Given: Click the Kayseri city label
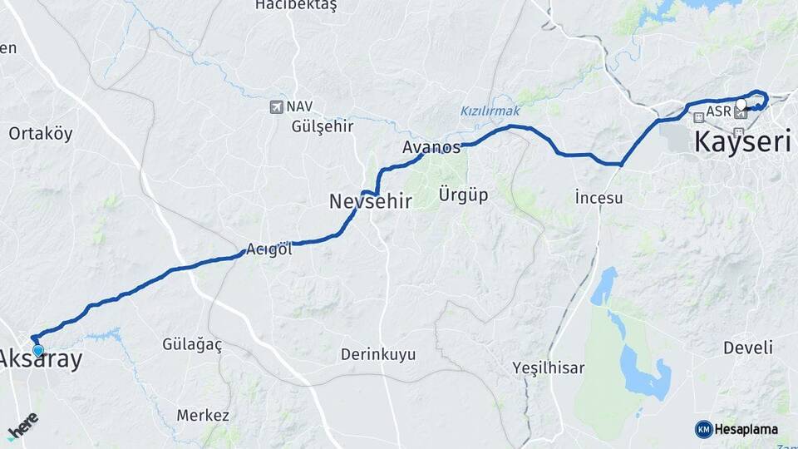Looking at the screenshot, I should click(742, 141).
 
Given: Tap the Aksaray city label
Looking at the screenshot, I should click(42, 359).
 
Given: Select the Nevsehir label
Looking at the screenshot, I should click(371, 200).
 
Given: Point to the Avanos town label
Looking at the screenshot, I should click(431, 148).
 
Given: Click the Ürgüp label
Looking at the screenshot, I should click(462, 195).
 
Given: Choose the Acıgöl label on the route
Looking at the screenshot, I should click(269, 249).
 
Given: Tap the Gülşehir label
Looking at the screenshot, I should click(323, 126).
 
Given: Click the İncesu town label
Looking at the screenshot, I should click(598, 198).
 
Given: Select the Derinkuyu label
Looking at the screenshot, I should click(377, 354).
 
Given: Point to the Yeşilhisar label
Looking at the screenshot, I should click(549, 367).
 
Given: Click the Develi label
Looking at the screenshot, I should click(747, 347).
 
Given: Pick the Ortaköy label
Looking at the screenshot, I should click(41, 133).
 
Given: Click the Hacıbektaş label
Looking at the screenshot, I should click(296, 6).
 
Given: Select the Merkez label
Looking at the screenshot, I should click(203, 415).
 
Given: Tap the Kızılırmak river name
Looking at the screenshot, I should click(490, 111).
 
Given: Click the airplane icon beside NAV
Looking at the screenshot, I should click(276, 106).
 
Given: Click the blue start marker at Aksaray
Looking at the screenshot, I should click(37, 350).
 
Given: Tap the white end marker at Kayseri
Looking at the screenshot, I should click(741, 104).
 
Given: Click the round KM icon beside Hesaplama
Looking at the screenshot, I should click(703, 429).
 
